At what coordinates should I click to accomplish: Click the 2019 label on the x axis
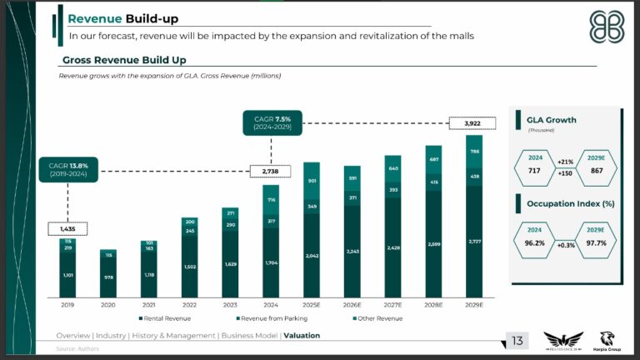point(67,306)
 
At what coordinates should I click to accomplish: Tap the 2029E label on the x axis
point(473,306)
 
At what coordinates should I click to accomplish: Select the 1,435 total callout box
point(67,227)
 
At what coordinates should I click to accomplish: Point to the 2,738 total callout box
point(270,171)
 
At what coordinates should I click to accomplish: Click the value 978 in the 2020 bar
point(108,277)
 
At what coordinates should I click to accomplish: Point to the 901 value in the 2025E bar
point(312,181)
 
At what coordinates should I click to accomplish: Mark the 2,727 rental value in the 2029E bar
point(473,242)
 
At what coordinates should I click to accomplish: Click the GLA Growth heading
point(552,120)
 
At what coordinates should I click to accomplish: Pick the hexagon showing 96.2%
point(535,237)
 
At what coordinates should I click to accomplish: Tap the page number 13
point(517,340)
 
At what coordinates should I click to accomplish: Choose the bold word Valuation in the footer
point(301,336)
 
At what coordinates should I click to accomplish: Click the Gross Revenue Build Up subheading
point(124,61)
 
